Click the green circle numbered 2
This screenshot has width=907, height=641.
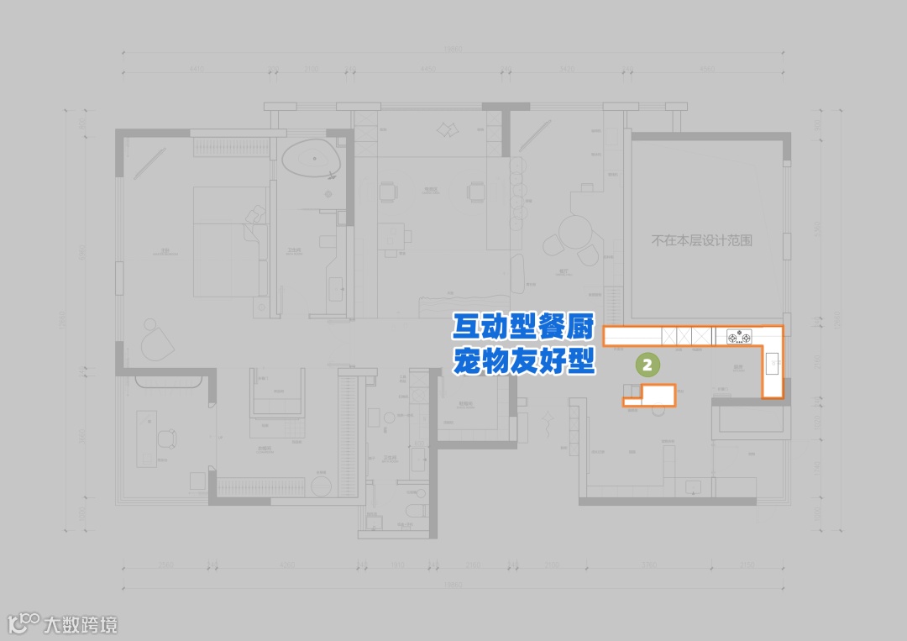pos(647,365)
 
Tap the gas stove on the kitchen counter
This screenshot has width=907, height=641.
pos(739,337)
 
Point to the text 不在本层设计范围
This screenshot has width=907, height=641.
pos(702,240)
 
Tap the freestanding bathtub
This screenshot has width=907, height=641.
pos(312,160)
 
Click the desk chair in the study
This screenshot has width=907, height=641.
pos(165,438)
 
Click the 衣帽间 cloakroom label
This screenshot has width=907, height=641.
pos(265,449)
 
